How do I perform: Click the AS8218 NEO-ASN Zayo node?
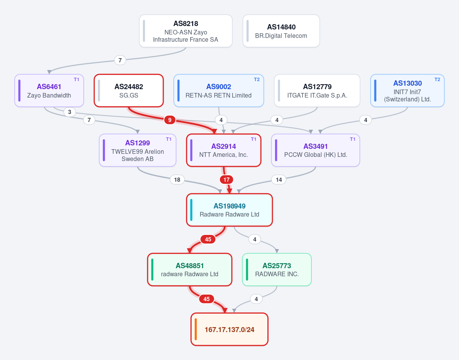coord(186,31)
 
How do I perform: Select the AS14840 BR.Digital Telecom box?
coord(281,31)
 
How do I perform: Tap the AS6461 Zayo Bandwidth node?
coord(49,90)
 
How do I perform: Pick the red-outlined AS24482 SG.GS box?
coord(129,90)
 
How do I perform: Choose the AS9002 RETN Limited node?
coord(219,90)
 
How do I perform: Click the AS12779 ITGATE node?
coord(317,90)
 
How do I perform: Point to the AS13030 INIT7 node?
coord(407,90)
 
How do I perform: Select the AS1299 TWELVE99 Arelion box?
coord(138,150)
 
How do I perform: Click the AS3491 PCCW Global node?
coord(316,150)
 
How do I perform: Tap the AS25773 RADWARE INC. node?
coord(277,270)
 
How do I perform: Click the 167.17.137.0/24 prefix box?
coord(229,329)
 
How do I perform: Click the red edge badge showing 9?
coord(169,120)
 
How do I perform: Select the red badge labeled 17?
coord(226,180)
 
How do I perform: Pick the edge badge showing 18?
coord(177,180)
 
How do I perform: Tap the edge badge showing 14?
coord(279,180)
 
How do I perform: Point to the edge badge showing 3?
coord(70,112)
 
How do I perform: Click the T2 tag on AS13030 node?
coord(437,80)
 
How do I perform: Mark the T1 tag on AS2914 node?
coord(254,139)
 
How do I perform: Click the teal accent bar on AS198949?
coord(191,210)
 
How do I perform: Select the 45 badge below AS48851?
coord(207,299)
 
